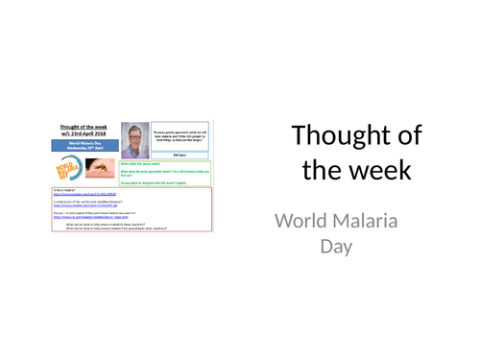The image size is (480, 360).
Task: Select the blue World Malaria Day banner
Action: (x=85, y=147)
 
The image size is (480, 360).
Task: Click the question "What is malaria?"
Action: (x=63, y=190)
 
